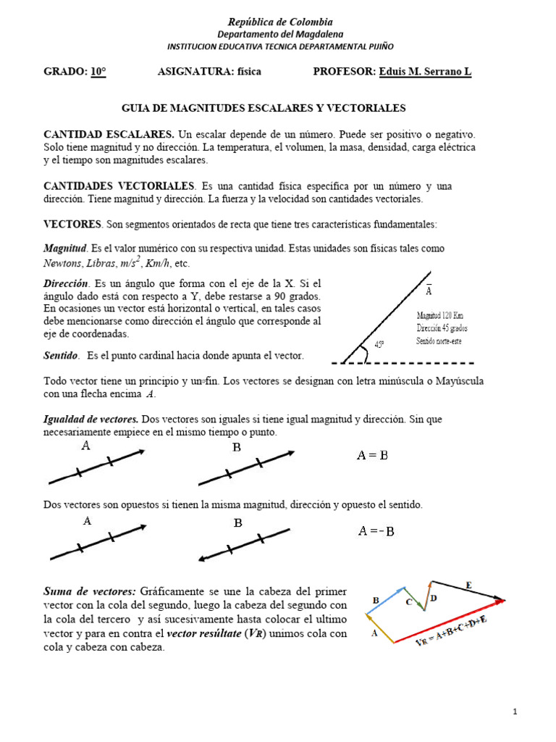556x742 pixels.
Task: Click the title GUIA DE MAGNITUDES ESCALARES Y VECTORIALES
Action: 264,108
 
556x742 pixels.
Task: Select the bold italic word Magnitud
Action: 66,248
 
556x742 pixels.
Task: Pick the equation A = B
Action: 373,455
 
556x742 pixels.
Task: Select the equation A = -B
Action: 376,531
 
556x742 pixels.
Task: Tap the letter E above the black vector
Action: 468,585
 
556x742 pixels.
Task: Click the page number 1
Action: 515,712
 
